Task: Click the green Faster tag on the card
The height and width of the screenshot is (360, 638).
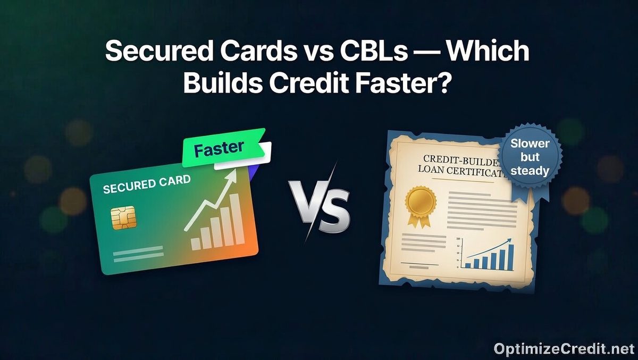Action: (224, 148)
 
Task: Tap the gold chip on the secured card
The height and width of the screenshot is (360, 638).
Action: (124, 217)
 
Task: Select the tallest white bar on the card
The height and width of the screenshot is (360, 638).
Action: (237, 219)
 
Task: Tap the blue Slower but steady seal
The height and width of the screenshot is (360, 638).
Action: (530, 157)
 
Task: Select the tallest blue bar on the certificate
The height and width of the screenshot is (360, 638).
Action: (511, 257)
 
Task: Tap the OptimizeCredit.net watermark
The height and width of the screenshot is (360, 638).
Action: (565, 349)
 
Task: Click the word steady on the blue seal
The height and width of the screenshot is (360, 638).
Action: (530, 171)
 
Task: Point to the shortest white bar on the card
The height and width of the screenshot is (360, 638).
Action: (195, 244)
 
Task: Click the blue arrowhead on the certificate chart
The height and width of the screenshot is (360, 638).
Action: (510, 240)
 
